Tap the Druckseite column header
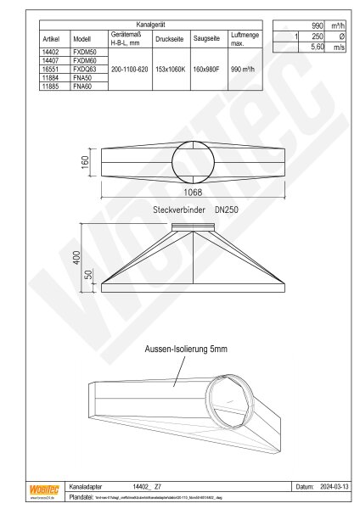pyautogui.click(x=169, y=39)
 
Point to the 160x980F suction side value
pyautogui.click(x=206, y=73)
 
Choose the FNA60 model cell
pyautogui.click(x=82, y=87)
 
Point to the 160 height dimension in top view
pyautogui.click(x=85, y=161)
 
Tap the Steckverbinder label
pyautogui.click(x=180, y=209)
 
